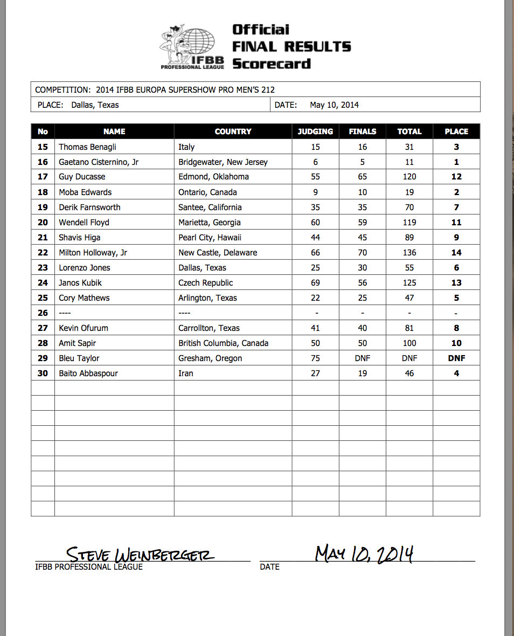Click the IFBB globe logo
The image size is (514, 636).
pyautogui.click(x=191, y=47)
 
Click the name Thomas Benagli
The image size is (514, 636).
pyautogui.click(x=87, y=147)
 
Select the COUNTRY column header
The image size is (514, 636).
pyautogui.click(x=233, y=131)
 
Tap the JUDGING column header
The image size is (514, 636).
pyautogui.click(x=315, y=131)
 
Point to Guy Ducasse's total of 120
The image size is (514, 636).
pyautogui.click(x=409, y=177)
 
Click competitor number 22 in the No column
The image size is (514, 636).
pyautogui.click(x=43, y=252)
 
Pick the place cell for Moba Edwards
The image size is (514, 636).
pyautogui.click(x=456, y=192)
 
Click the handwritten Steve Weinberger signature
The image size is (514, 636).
pyautogui.click(x=140, y=554)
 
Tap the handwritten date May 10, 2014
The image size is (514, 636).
pyautogui.click(x=364, y=554)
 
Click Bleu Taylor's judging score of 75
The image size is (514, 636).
pyautogui.click(x=315, y=358)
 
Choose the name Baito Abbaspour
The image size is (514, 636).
pyautogui.click(x=88, y=373)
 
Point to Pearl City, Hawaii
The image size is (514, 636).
pyautogui.click(x=210, y=237)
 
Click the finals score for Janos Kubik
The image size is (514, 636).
pyautogui.click(x=363, y=282)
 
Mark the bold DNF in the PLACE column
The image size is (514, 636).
pyautogui.click(x=456, y=358)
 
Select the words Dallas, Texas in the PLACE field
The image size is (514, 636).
pyautogui.click(x=95, y=105)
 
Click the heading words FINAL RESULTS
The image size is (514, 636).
pyautogui.click(x=291, y=47)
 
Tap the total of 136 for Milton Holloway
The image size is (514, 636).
pyautogui.click(x=409, y=252)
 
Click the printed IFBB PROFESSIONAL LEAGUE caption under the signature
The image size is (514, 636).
pyautogui.click(x=89, y=566)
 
